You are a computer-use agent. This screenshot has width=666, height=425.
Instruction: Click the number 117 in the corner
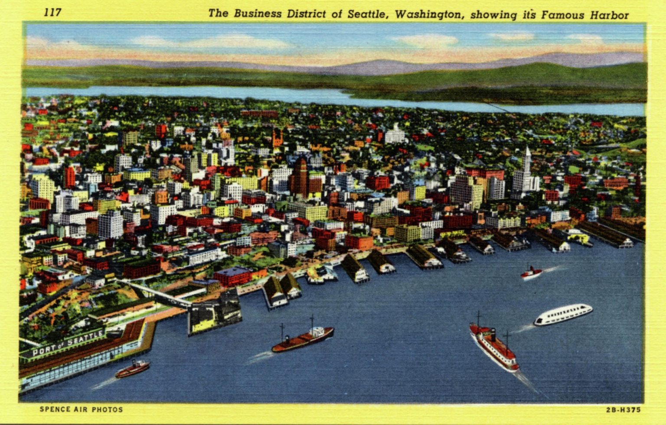point(52,13)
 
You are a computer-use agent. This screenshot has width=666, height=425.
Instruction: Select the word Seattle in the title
point(366,14)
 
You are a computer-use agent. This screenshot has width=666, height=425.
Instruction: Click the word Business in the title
point(258,13)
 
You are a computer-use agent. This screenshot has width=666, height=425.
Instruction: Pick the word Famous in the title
point(562,16)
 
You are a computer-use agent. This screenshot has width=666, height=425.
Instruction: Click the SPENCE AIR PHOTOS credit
point(81,409)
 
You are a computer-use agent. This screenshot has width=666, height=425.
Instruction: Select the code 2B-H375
point(623,410)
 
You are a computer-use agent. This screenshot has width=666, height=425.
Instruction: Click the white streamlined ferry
point(563,314)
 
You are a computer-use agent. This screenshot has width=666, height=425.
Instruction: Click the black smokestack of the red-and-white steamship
point(493,335)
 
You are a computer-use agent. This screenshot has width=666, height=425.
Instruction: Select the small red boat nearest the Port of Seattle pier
point(133,369)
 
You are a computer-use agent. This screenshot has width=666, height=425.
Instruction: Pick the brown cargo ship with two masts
point(303,339)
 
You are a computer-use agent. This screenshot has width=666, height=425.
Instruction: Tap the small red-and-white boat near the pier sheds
point(531,273)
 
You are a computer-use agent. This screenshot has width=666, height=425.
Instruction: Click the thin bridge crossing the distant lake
point(499,107)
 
